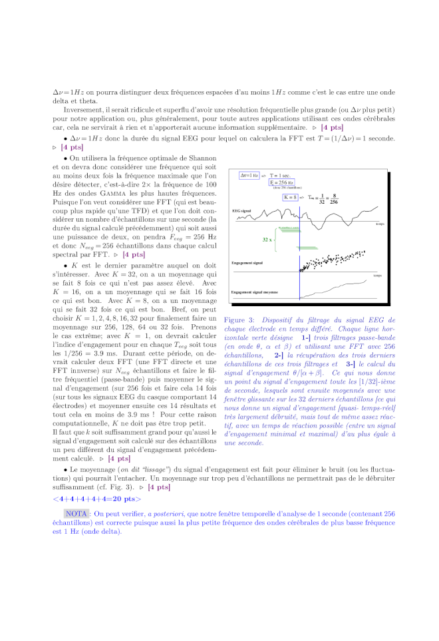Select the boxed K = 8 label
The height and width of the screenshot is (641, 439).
click(291, 197)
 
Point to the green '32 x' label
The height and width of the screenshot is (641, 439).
click(267, 239)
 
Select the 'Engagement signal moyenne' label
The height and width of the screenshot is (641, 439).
click(255, 292)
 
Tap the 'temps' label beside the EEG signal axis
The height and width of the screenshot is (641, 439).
click(380, 224)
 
